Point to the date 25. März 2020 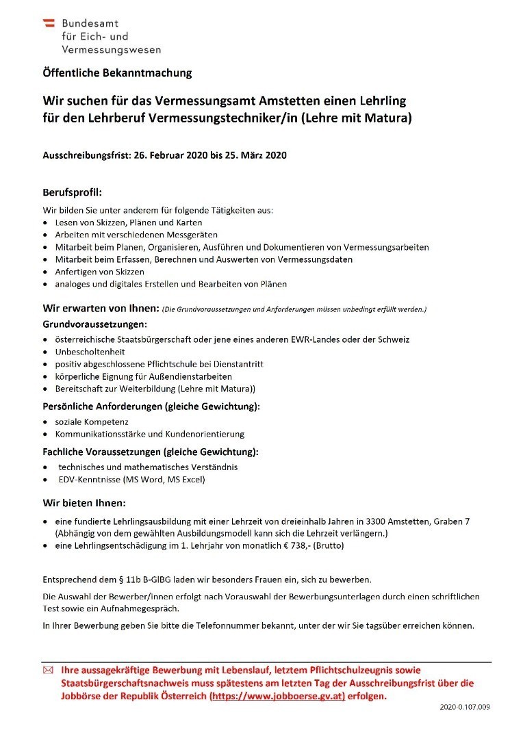256,155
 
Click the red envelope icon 48,671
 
